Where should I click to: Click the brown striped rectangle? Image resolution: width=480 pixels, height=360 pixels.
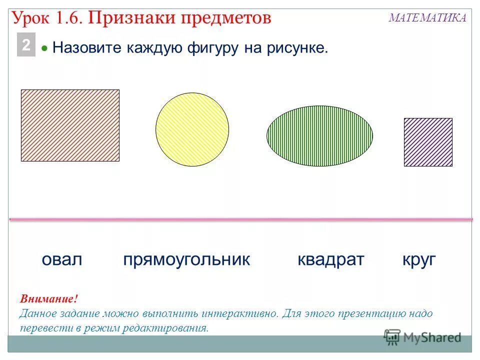point(70,125)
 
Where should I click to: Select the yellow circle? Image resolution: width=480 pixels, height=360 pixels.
point(192,129)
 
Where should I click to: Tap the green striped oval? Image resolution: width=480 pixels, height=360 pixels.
point(319,135)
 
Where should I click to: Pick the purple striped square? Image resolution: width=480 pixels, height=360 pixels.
point(428,142)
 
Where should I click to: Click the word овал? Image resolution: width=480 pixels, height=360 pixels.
point(61,260)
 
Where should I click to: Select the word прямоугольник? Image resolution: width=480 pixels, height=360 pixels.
point(186,260)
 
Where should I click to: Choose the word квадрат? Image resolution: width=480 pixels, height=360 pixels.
point(331,260)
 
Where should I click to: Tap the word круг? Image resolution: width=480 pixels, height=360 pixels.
point(419,260)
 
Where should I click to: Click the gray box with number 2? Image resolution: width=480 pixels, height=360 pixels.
point(26,45)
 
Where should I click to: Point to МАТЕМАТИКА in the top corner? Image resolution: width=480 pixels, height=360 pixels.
point(427,18)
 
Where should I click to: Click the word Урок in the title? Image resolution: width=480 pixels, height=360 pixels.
point(31,18)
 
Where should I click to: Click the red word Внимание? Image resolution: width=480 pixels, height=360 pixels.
point(49,299)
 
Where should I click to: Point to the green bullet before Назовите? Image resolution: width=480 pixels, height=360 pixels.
point(44,49)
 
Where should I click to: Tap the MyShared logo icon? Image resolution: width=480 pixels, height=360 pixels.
point(392,337)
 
